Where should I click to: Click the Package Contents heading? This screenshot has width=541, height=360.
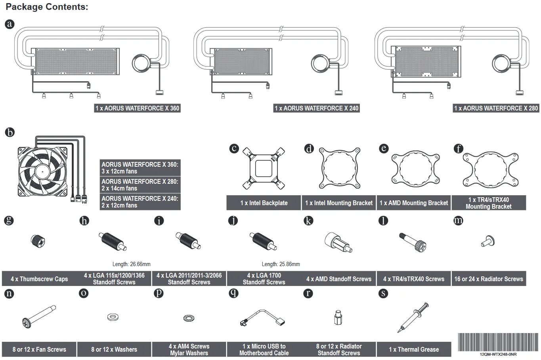pyautogui.click(x=47, y=7)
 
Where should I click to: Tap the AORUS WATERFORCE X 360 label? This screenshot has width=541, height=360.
pyautogui.click(x=137, y=108)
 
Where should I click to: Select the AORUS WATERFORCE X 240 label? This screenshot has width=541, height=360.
pyautogui.click(x=317, y=108)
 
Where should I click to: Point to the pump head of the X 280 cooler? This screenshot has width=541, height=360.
pyautogui.click(x=503, y=64)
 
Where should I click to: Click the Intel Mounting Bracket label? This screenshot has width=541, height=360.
pyautogui.click(x=339, y=203)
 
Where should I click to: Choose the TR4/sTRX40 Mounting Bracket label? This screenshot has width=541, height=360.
pyautogui.click(x=489, y=203)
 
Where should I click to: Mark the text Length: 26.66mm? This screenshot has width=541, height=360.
pyautogui.click(x=132, y=264)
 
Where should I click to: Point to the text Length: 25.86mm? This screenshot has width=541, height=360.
pyautogui.click(x=281, y=264)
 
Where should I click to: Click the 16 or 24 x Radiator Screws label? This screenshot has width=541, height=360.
pyautogui.click(x=489, y=279)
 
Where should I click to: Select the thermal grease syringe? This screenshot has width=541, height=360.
pyautogui.click(x=414, y=317)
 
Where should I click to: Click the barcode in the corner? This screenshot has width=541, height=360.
pyautogui.click(x=498, y=341)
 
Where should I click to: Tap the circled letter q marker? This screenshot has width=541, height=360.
pyautogui.click(x=233, y=293)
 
